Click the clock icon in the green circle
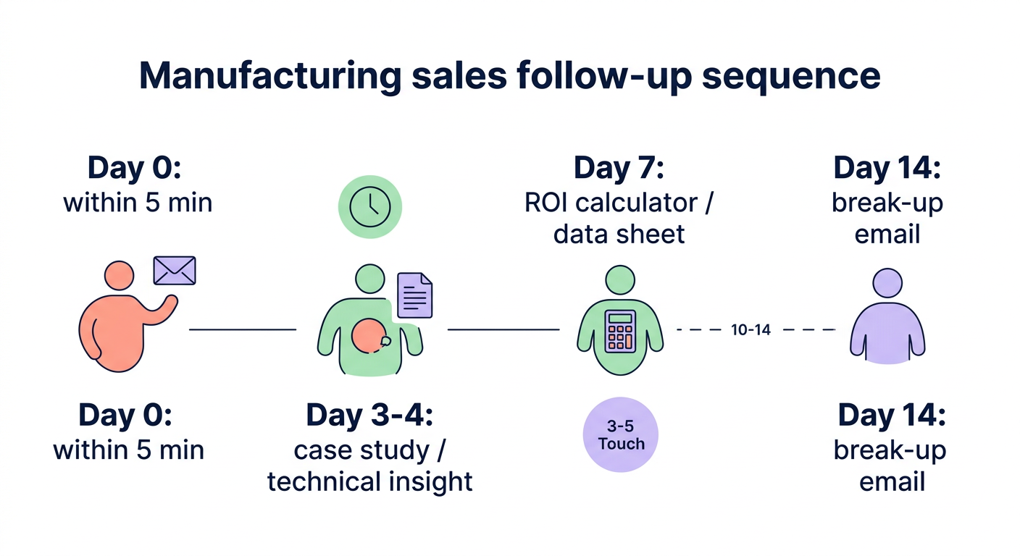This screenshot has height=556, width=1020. click(370, 206)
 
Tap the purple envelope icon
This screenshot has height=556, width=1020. click(175, 271)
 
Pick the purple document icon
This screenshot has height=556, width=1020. click(416, 295)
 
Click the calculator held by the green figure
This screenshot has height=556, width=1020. click(620, 332)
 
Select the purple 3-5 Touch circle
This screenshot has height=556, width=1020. click(621, 434)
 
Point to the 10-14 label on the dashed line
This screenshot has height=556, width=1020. click(751, 330)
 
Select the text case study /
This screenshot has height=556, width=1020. click(370, 450)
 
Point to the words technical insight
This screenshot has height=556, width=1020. click(370, 481)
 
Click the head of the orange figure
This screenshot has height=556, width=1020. click(119, 276)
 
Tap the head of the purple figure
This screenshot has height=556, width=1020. click(887, 282)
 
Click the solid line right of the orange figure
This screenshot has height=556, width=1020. click(243, 329)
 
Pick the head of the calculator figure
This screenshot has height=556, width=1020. click(620, 280)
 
